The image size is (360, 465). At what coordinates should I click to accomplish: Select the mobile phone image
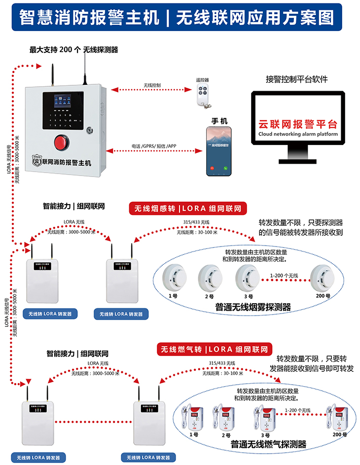[219, 151]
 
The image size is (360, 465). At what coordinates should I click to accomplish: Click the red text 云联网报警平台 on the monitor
[298, 124]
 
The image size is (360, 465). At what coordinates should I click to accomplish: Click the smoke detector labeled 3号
[247, 278]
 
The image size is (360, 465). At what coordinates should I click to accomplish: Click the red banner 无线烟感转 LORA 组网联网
[188, 209]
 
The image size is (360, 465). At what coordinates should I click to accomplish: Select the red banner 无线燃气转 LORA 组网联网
[215, 349]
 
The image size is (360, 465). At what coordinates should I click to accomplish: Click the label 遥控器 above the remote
[202, 79]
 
